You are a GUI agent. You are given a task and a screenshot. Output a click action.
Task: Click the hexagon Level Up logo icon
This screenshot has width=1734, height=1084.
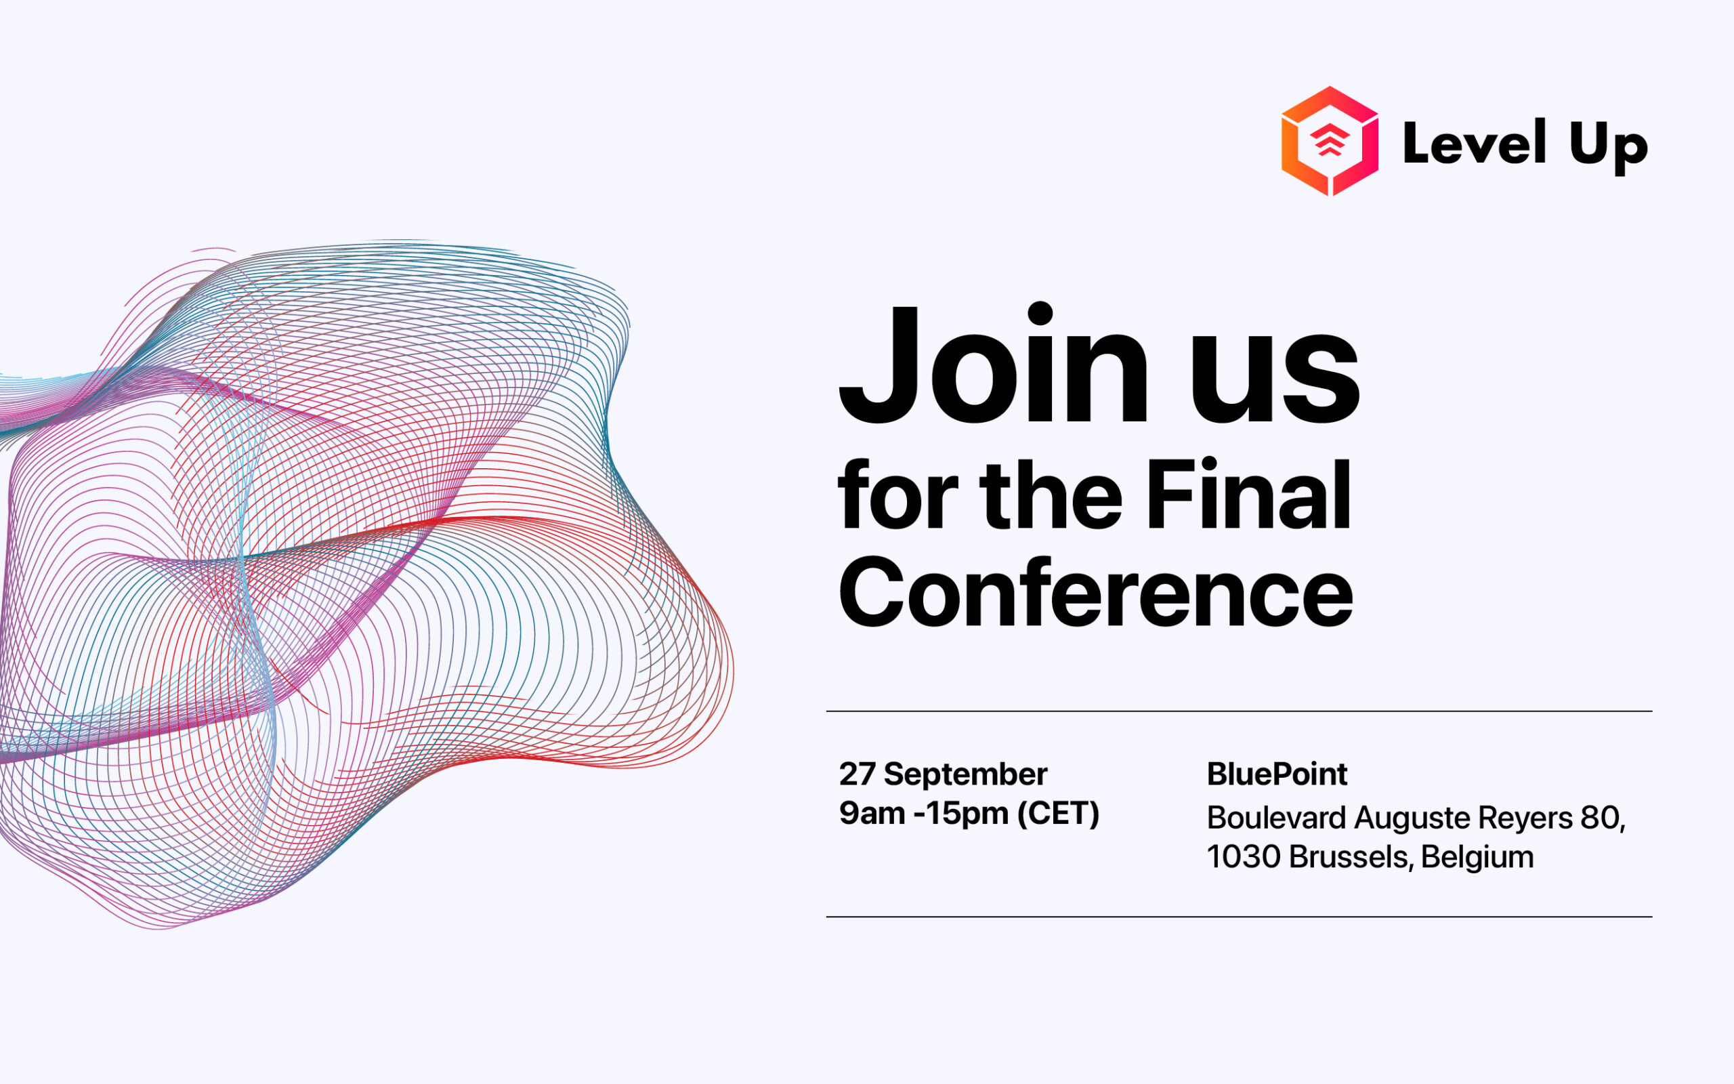tap(1330, 141)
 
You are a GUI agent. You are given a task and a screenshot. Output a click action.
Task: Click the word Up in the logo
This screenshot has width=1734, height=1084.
tap(1609, 147)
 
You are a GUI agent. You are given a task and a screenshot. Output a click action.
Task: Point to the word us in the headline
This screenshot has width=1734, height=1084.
tap(1275, 378)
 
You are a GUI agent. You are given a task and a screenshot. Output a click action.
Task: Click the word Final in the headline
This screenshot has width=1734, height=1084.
tap(1248, 494)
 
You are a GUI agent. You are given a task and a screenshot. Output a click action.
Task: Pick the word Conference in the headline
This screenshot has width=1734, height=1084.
tap(1095, 592)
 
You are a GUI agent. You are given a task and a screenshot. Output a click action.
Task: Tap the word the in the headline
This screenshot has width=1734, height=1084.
tap(1051, 495)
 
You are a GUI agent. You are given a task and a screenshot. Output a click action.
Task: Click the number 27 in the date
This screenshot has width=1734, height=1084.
tap(857, 774)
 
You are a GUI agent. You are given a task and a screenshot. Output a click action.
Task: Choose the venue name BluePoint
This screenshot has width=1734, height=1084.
tap(1277, 774)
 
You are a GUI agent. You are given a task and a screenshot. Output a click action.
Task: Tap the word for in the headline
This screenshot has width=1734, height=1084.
tap(897, 494)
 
